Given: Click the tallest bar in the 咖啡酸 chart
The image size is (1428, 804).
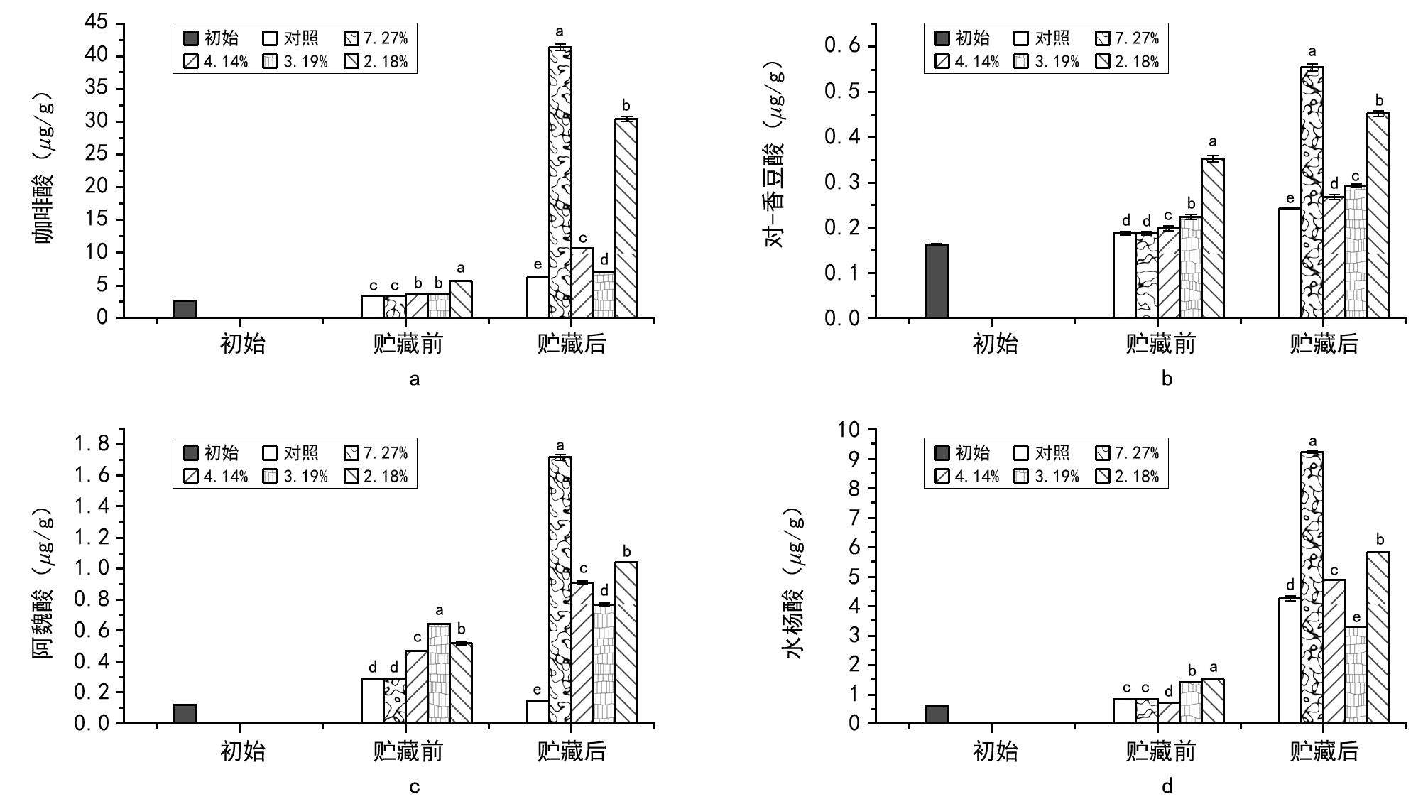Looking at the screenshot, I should pos(560,182).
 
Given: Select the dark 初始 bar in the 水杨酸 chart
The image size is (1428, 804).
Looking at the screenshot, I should pos(936,714).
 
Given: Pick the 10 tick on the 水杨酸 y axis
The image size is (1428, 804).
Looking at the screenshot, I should pos(849,430).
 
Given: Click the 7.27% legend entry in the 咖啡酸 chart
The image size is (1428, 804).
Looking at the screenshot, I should pos(376,38).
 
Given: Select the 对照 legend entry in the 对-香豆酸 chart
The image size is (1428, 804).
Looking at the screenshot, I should pos(1042,38).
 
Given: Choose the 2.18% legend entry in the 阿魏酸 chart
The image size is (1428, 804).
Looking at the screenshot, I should pos(376,477).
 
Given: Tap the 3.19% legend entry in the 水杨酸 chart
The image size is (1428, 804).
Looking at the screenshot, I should pos(1047,477).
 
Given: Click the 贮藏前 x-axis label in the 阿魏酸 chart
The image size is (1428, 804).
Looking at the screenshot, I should pos(408,751).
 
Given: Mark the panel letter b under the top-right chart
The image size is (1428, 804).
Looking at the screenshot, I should pos(1167,379).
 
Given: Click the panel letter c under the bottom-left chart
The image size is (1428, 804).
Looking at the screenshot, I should pos(415,786).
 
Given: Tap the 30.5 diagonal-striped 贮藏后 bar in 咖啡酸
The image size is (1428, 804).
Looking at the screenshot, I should pos(626,218).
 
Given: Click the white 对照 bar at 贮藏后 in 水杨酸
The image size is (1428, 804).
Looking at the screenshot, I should pos(1290,661).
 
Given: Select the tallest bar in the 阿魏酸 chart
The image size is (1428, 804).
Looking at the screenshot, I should pos(560,590).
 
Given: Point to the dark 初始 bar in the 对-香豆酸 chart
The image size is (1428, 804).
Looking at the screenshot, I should pos(936,281).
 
